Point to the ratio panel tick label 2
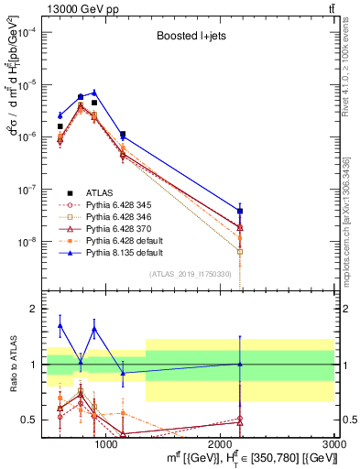click(30, 309)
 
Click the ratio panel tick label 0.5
click(27, 420)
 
